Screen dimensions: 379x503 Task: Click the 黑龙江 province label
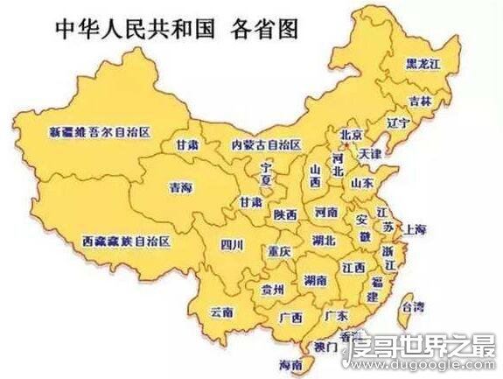point(423,64)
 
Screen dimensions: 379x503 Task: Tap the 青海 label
point(181,186)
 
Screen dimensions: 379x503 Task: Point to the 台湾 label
point(411,306)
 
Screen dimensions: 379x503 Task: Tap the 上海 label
point(416,229)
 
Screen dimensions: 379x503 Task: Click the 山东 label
point(362,184)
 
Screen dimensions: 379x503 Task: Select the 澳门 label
point(326,347)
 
